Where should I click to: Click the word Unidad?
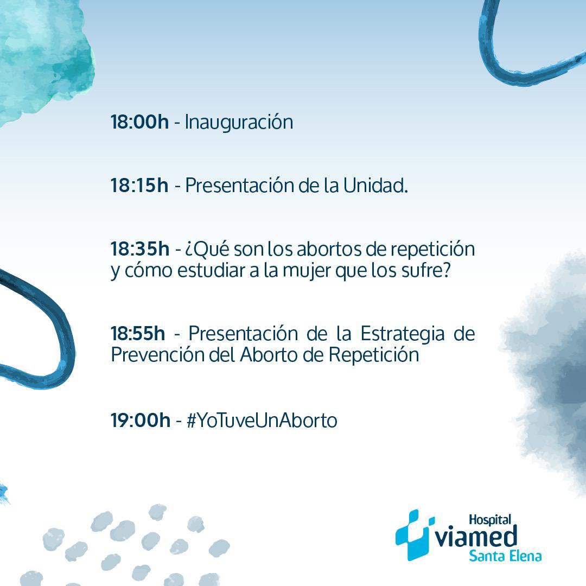click(x=375, y=186)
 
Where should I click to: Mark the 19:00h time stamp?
click(x=140, y=421)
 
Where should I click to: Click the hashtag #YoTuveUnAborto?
click(x=262, y=421)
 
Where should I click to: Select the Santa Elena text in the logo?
click(x=505, y=556)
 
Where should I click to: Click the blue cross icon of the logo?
click(x=414, y=534)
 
